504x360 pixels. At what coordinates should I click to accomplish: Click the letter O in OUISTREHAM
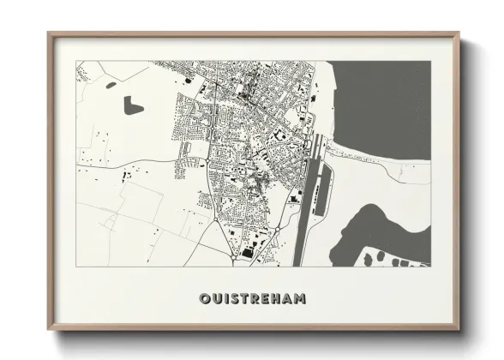tap(204, 299)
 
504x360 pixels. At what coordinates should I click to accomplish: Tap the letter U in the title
tap(216, 299)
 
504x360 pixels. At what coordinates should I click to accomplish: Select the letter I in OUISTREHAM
tap(225, 299)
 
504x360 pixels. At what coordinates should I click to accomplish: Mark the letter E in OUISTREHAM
tap(265, 299)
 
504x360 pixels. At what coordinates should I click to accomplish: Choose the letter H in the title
tap(276, 299)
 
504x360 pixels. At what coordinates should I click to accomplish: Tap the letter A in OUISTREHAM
tap(288, 299)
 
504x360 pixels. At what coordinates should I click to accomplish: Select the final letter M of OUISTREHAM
tap(302, 299)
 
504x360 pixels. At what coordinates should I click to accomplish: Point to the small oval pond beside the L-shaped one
tap(110, 85)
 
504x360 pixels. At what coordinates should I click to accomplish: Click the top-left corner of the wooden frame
tap(50, 35)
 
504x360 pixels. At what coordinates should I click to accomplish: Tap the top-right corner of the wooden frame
tap(459, 35)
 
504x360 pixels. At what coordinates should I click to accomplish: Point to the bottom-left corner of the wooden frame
tap(50, 330)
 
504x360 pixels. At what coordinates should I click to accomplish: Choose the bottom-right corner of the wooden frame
tap(459, 330)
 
